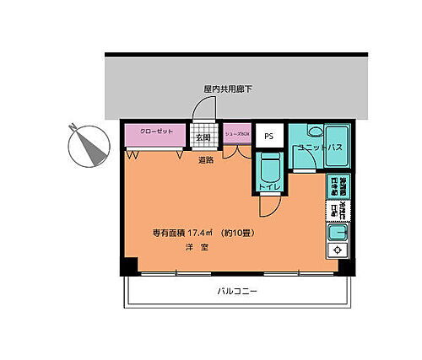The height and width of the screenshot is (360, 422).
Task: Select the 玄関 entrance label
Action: [203, 137]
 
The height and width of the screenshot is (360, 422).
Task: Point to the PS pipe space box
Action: [269, 136]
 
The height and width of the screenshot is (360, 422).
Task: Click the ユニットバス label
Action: [318, 148]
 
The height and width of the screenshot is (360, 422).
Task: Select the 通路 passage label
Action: [206, 159]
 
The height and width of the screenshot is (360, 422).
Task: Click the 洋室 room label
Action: [197, 248]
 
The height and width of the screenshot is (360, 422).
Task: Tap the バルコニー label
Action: [237, 291]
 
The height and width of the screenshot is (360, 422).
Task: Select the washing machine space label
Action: [337, 187]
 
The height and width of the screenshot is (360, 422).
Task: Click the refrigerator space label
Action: [337, 209]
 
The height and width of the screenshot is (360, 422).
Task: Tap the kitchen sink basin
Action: [337, 231]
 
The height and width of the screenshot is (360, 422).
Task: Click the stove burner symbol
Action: [336, 250]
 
